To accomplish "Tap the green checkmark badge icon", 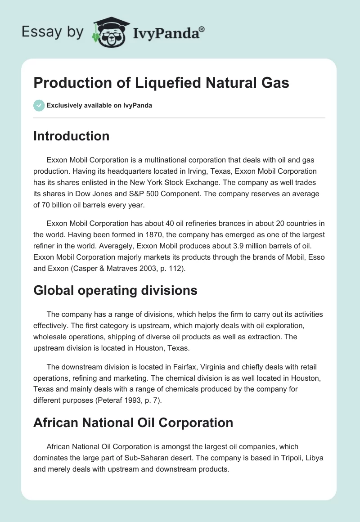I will [x=39, y=105].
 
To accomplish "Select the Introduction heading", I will [x=71, y=136].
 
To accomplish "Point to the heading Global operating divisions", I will [x=115, y=290].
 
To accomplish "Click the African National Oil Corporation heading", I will [x=133, y=423].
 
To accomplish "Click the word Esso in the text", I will [x=315, y=257].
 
